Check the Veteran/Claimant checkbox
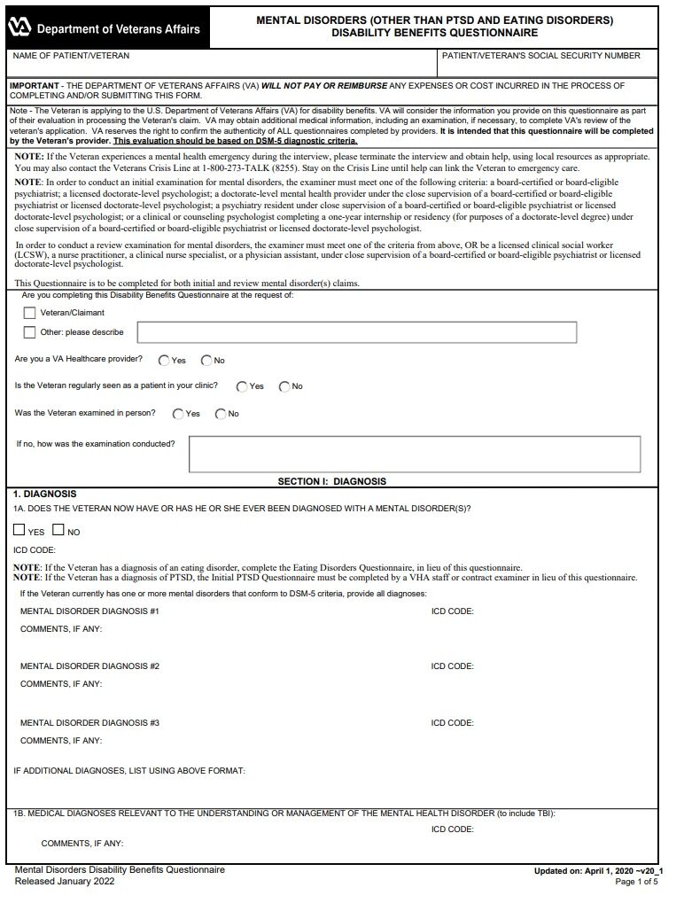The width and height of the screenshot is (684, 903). coord(30,313)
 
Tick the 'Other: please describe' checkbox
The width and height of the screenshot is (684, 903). coord(30,332)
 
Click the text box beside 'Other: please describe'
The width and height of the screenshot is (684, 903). coord(356,332)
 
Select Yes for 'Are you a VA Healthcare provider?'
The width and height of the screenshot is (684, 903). coord(164,361)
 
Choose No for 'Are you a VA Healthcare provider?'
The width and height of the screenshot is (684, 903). coord(206,361)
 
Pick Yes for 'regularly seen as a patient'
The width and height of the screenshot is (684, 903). coord(242,386)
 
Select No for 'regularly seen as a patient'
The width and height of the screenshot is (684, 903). coord(284,386)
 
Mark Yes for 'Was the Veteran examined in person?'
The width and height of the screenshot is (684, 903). coord(178,414)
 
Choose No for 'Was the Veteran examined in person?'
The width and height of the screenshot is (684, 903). coord(221,414)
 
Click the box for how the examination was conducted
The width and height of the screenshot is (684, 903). coord(414,454)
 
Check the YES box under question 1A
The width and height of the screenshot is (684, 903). coord(19,531)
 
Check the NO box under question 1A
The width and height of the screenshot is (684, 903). coord(58,531)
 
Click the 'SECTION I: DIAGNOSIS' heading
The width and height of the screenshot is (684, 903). coord(332,482)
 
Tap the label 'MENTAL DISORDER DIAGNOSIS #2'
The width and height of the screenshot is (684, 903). coord(89,666)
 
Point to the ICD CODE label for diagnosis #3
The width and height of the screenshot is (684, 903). coord(452,723)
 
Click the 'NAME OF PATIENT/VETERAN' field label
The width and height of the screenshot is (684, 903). coord(71,56)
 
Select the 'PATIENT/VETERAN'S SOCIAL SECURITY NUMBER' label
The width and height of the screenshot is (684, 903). coord(540,56)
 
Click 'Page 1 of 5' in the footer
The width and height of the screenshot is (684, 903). coord(636,883)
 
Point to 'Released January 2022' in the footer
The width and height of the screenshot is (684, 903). coord(65,882)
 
